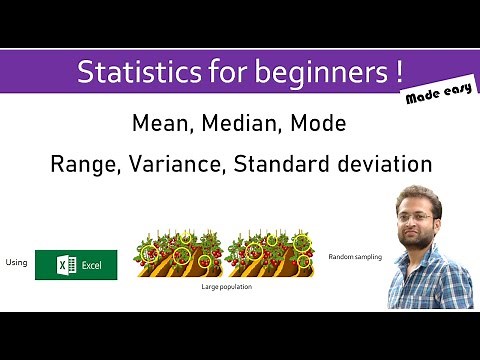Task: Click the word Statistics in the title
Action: pos(128,73)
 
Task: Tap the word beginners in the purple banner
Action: pos(309,73)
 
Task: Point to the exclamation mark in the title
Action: pos(398,72)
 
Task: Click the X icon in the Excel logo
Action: pos(62,265)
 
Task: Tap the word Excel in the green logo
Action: pos(92,265)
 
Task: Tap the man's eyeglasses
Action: pos(418,216)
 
